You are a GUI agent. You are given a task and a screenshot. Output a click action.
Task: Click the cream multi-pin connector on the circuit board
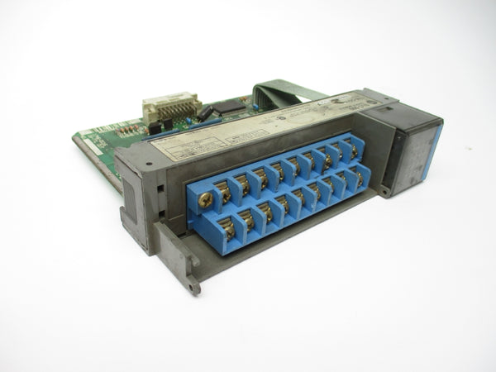pyautogui.click(x=171, y=107)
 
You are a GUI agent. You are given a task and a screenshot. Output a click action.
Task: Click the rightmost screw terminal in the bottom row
pyautogui.click(x=358, y=179)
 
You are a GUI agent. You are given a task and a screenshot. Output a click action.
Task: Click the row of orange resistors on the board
pyautogui.click(x=128, y=130)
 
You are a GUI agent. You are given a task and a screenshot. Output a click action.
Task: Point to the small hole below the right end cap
pyautogui.click(x=383, y=191)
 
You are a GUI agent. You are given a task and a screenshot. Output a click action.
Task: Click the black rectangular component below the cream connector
pyautogui.click(x=156, y=126)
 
